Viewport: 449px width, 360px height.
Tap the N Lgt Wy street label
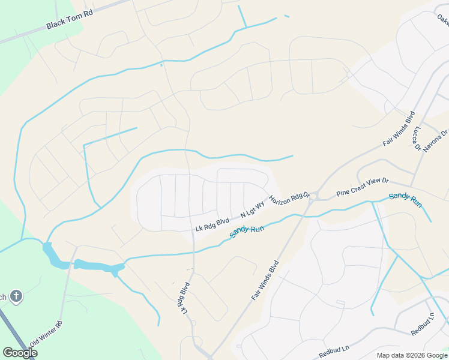(252, 209)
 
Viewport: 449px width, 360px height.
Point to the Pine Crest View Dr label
(363, 186)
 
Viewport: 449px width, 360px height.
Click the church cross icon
(17, 296)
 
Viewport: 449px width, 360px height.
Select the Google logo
(20, 353)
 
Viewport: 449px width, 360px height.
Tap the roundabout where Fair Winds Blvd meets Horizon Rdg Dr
(313, 196)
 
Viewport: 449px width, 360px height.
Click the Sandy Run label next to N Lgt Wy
(247, 230)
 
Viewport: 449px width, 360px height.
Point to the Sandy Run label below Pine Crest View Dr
(405, 199)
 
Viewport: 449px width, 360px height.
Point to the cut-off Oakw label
(442, 20)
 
